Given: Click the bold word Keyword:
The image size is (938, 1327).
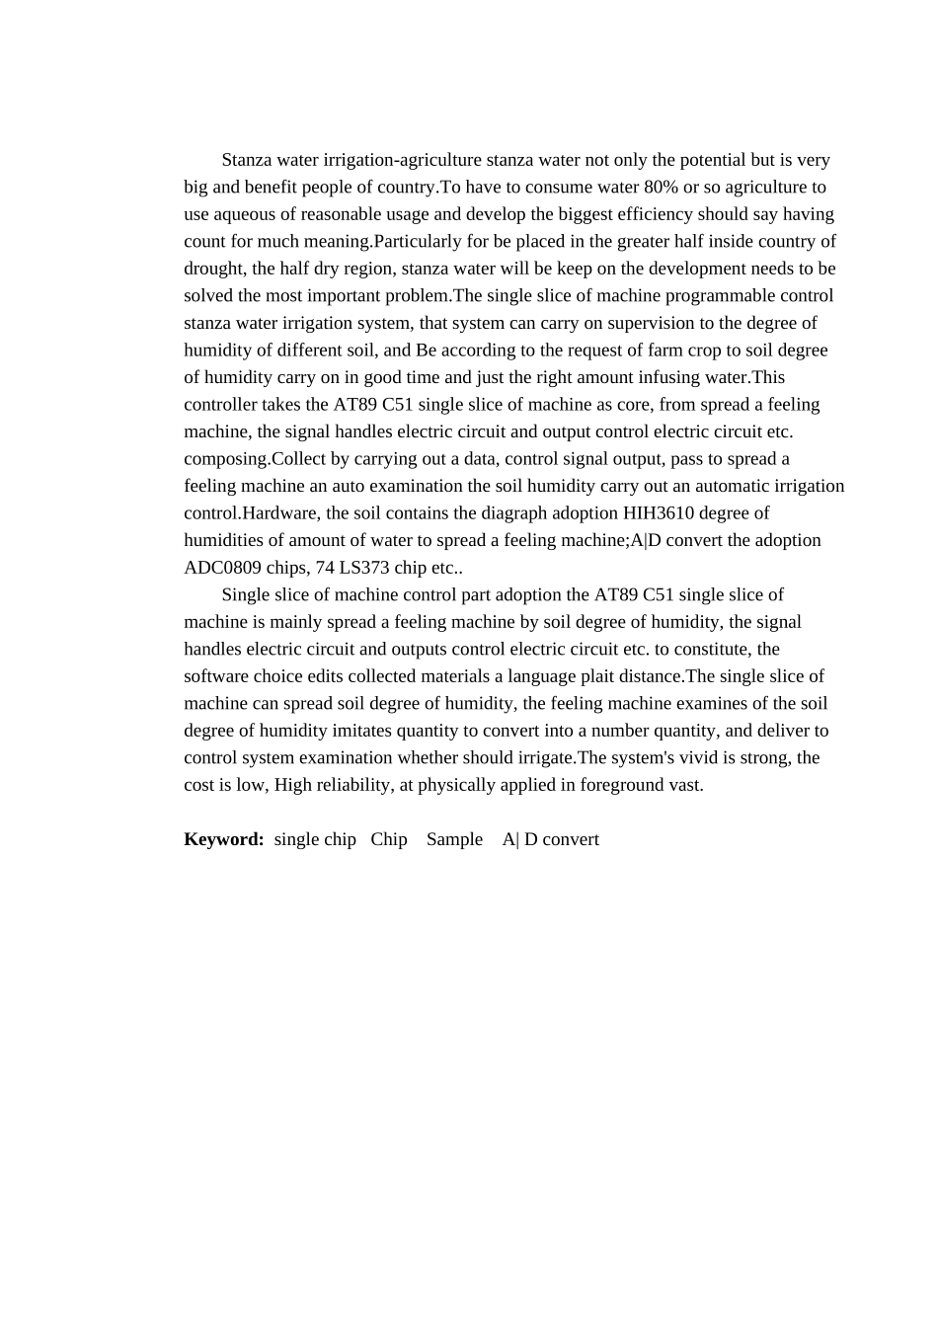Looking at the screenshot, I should [x=224, y=839].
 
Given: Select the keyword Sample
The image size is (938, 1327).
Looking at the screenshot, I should [x=454, y=839].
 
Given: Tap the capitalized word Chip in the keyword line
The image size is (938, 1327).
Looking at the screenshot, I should [x=389, y=839].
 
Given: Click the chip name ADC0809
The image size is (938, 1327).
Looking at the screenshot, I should [x=223, y=568].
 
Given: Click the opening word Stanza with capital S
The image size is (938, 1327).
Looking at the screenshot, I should [x=248, y=160].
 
